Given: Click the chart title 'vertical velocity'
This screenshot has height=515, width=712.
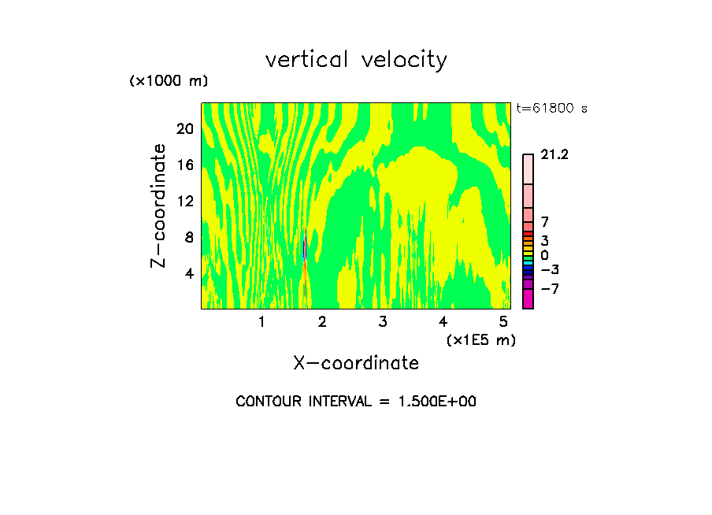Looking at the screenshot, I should click(x=356, y=60).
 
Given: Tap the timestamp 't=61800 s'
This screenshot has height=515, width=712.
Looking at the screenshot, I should click(x=551, y=109).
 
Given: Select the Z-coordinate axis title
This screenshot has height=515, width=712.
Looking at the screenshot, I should click(x=159, y=206).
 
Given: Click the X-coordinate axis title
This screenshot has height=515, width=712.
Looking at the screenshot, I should click(x=356, y=363).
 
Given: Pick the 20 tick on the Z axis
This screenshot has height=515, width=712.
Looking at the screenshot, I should click(x=184, y=129).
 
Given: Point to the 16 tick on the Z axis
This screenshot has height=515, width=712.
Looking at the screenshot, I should click(x=184, y=165).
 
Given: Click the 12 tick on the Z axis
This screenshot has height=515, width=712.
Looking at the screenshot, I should click(x=184, y=202).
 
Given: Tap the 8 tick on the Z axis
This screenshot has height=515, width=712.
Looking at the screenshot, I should click(x=188, y=238).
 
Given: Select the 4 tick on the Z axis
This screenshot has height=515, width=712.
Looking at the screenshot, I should click(x=188, y=274).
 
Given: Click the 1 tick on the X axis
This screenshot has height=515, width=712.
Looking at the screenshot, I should click(x=261, y=322).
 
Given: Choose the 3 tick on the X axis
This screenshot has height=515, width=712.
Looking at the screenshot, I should click(x=383, y=322).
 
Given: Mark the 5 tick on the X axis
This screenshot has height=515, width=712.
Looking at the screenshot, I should click(x=503, y=322).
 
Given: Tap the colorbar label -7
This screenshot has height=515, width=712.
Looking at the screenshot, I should click(x=550, y=289).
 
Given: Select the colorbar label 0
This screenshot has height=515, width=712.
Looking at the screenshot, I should click(x=544, y=256).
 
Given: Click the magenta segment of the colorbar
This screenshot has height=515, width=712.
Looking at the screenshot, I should click(x=528, y=299).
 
